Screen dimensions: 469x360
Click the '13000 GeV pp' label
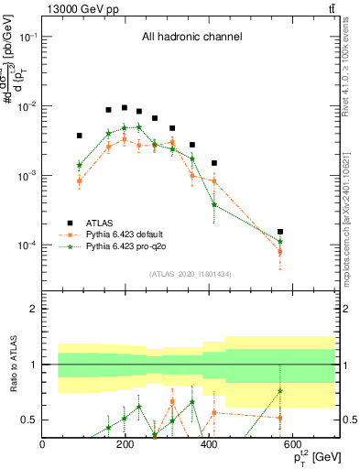coord(78,7)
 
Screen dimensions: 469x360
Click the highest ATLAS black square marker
coord(125,107)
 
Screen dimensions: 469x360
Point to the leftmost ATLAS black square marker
coord(80,136)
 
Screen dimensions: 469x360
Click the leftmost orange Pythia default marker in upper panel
coord(80,180)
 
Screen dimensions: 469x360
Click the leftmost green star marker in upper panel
coord(80,166)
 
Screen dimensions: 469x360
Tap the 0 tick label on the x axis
coord(42,444)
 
